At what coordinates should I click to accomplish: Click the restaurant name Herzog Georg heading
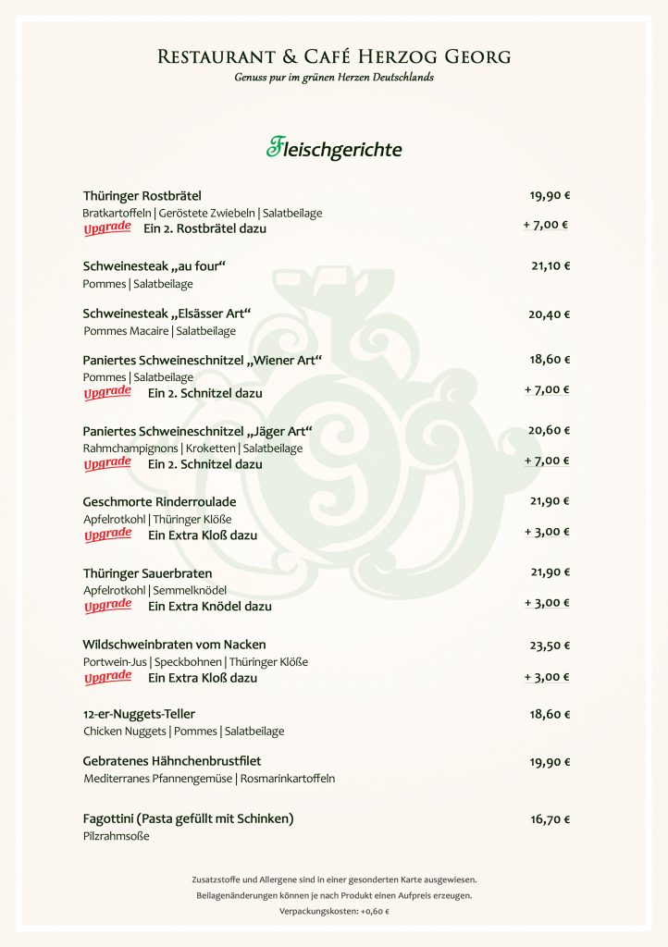[334, 57]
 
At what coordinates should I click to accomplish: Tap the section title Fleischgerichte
[334, 148]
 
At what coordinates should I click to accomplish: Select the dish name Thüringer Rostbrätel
[142, 195]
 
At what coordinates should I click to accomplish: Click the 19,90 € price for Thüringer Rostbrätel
[550, 195]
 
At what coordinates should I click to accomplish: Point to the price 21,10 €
[550, 266]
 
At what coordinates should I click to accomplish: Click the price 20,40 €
[550, 314]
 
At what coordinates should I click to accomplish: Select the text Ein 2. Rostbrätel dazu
[204, 228]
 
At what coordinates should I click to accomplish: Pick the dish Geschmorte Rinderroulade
[160, 501]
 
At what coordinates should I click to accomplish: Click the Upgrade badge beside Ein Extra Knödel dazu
[107, 606]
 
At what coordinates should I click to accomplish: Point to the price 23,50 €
[550, 646]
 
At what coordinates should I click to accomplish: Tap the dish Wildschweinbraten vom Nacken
[175, 644]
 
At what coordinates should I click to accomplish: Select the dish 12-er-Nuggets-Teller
[139, 714]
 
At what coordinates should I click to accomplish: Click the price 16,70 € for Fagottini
[550, 819]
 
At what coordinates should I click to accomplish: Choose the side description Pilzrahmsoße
[116, 837]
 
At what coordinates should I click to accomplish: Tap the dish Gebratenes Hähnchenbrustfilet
[172, 761]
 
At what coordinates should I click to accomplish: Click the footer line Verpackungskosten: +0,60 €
[334, 912]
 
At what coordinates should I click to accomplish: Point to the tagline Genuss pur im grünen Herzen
[334, 78]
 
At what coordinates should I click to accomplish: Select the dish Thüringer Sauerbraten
[147, 573]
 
